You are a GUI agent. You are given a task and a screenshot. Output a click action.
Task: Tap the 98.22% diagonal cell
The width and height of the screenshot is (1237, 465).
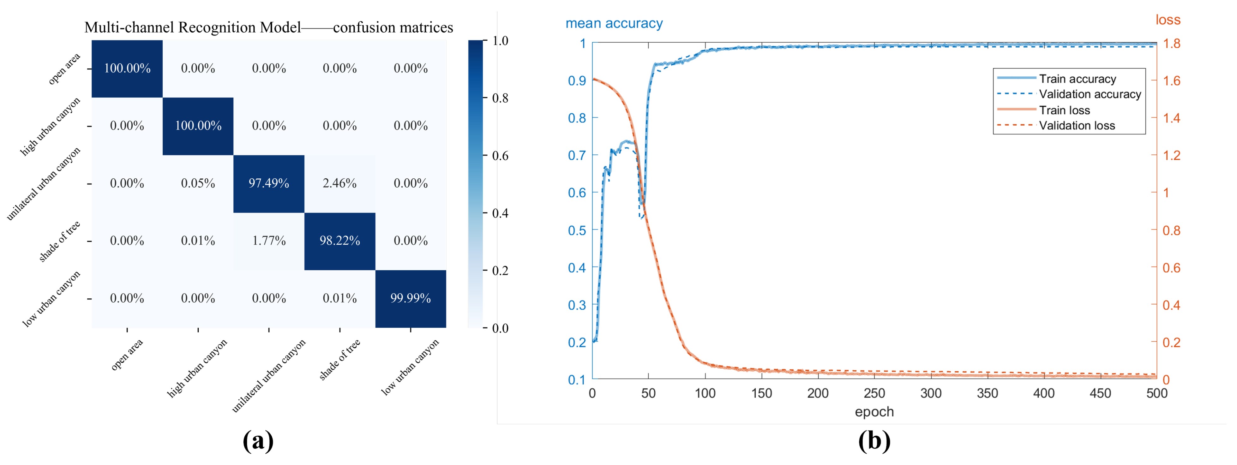(339, 241)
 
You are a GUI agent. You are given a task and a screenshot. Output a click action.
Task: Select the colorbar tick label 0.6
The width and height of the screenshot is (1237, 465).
(500, 156)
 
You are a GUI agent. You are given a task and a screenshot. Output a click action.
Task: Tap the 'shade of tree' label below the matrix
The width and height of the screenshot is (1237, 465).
(339, 360)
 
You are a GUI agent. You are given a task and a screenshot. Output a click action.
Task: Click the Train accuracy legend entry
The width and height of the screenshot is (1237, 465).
(1077, 79)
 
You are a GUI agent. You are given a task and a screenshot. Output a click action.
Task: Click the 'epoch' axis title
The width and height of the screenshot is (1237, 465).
(874, 411)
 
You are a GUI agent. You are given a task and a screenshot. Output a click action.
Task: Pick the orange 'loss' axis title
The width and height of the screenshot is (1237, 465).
(1168, 20)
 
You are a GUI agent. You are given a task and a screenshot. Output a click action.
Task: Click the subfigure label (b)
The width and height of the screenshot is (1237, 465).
(874, 440)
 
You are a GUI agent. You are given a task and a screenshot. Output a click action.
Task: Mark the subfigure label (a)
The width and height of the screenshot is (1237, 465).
(258, 440)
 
